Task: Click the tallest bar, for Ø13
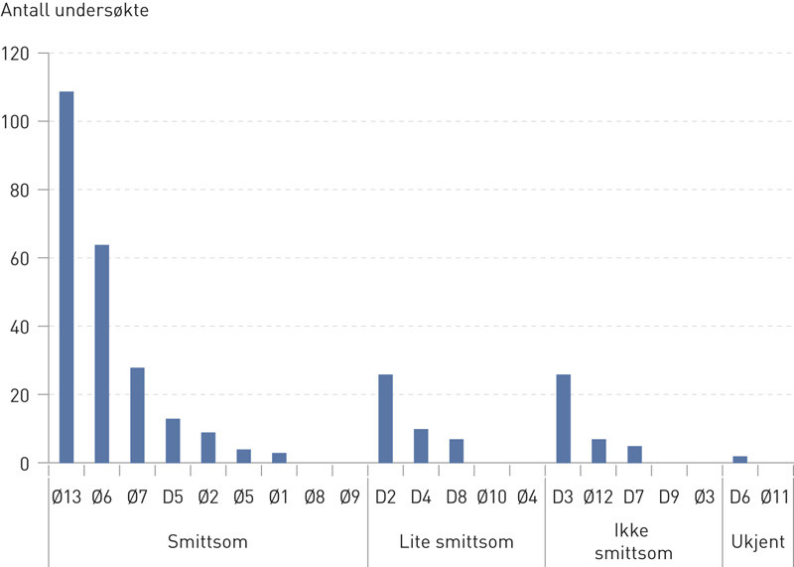coord(66,277)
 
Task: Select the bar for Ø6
coord(101,354)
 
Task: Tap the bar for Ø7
coord(137,415)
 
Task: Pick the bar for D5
coord(173,441)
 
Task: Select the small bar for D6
coord(739,460)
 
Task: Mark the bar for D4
coord(421,446)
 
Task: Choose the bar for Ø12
coord(598,451)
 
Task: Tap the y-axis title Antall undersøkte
coord(76,15)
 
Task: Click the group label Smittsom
coord(207,542)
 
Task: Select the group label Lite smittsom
coord(457,542)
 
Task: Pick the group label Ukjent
coord(757,542)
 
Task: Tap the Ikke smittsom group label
coord(633,542)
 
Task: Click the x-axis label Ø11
coord(774,494)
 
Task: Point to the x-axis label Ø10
coord(491,494)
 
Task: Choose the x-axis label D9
coord(669,494)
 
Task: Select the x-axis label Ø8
coord(314,494)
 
